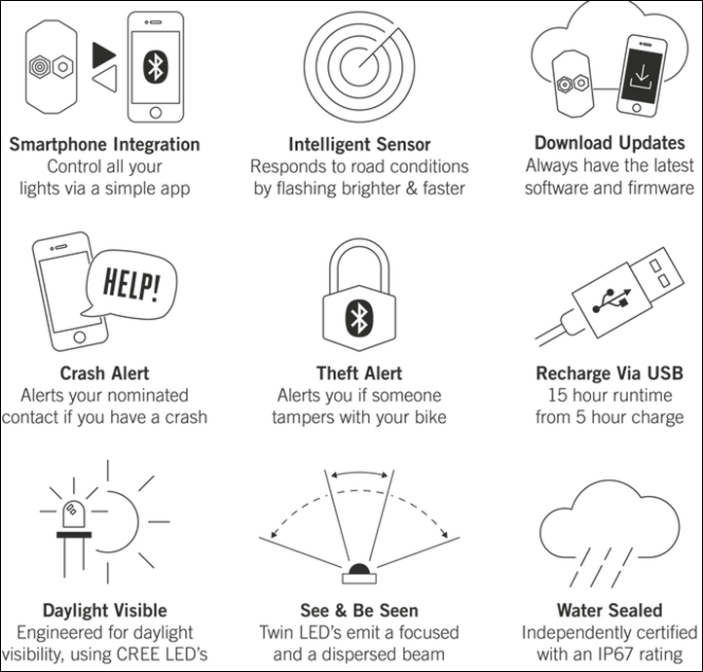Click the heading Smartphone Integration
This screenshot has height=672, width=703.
[104, 145]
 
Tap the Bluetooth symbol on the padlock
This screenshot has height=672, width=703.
[359, 317]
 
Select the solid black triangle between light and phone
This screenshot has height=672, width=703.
[104, 55]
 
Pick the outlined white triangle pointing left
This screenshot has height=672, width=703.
[105, 79]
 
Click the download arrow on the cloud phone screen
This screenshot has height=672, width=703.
[642, 76]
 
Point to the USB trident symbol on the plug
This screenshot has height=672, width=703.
[611, 301]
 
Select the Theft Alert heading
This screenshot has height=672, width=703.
[359, 373]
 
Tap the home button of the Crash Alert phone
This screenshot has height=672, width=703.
[80, 336]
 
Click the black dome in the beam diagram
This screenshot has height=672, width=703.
[359, 569]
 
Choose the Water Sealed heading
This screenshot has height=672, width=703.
[610, 610]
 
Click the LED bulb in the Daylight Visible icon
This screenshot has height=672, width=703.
[74, 513]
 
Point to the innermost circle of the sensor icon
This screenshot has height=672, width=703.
[359, 66]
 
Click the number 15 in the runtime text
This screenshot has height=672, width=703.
[558, 395]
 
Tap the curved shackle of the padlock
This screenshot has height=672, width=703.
[359, 260]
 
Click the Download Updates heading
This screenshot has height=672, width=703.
[610, 143]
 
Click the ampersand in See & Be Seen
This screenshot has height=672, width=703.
[340, 610]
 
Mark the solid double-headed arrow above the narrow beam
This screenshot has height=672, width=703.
[359, 473]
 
